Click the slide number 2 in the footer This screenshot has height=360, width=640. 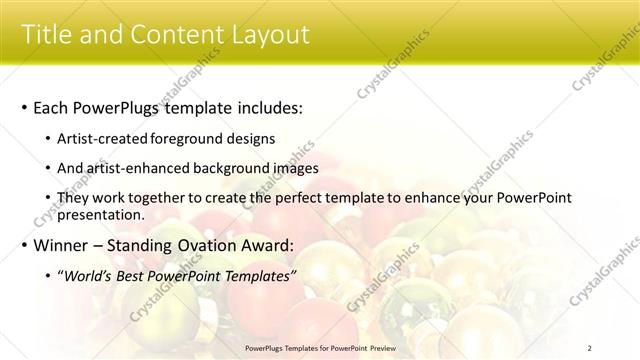589,347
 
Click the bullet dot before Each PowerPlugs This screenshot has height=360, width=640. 24,108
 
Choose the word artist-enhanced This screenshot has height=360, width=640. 142,169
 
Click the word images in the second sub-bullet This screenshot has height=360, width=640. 297,169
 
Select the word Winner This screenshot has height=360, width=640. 65,245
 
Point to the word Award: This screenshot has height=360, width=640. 292,245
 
